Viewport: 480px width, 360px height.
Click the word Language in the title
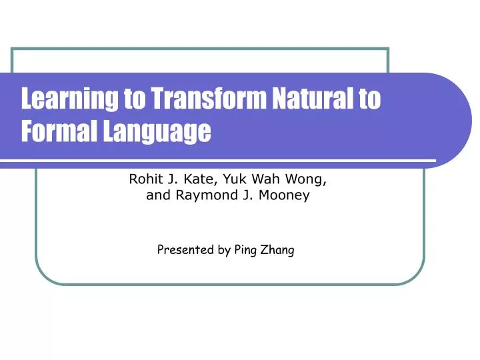155,132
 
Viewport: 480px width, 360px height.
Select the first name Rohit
145,179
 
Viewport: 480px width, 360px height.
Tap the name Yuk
229,179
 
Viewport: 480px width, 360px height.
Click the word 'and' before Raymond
155,196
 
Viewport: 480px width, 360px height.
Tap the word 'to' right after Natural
369,99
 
